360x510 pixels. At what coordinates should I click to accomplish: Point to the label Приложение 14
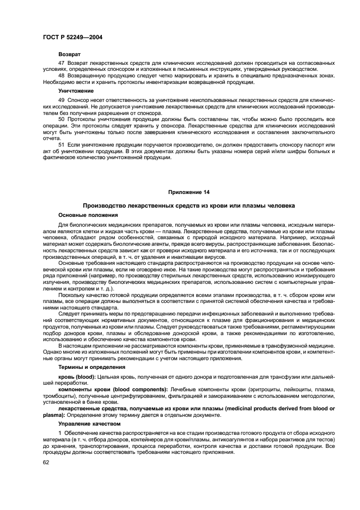188,192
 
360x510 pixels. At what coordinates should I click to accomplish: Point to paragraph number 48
62,76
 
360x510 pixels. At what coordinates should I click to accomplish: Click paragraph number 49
62,101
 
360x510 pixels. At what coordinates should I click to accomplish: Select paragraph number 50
62,119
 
